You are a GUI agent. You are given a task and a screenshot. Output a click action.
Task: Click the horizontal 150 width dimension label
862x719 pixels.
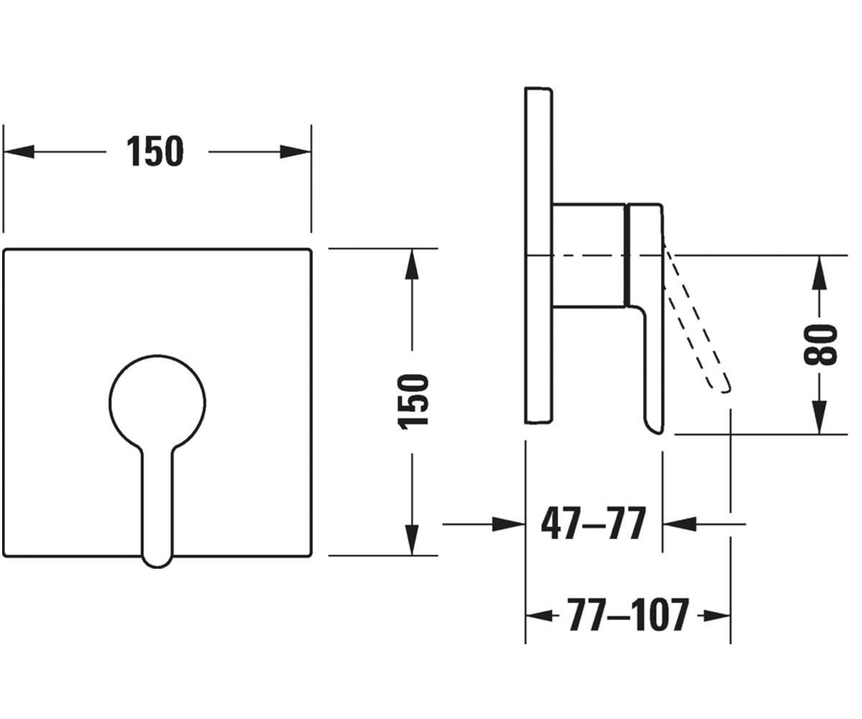155,151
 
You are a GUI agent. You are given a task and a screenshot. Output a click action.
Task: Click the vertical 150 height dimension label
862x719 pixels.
413,401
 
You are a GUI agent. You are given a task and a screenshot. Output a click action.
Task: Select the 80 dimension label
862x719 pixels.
821,344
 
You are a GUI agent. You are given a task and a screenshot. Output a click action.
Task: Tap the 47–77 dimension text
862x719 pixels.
593,524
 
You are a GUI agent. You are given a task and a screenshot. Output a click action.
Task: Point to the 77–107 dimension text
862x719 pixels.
628,615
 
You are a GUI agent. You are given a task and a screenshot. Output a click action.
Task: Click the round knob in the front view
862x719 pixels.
157,403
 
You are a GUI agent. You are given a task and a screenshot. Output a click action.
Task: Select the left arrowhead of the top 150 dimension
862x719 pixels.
19,152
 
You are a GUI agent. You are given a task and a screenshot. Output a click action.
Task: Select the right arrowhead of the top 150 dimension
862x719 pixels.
295,152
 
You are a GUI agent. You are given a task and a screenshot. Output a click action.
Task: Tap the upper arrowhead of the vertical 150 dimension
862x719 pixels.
412,264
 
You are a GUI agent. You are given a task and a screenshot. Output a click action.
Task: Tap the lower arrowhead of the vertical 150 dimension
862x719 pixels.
412,540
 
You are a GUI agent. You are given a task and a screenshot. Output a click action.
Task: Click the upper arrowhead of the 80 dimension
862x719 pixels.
820,271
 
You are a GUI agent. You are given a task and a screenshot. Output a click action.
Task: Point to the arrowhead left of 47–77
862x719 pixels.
509,524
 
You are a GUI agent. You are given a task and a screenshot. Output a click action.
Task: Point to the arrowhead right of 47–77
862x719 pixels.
679,524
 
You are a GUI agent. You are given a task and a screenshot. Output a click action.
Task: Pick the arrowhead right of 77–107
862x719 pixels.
717,615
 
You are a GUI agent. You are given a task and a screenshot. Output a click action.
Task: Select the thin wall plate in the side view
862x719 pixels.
539,255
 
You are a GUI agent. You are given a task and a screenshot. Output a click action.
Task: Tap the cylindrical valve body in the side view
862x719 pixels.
590,255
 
